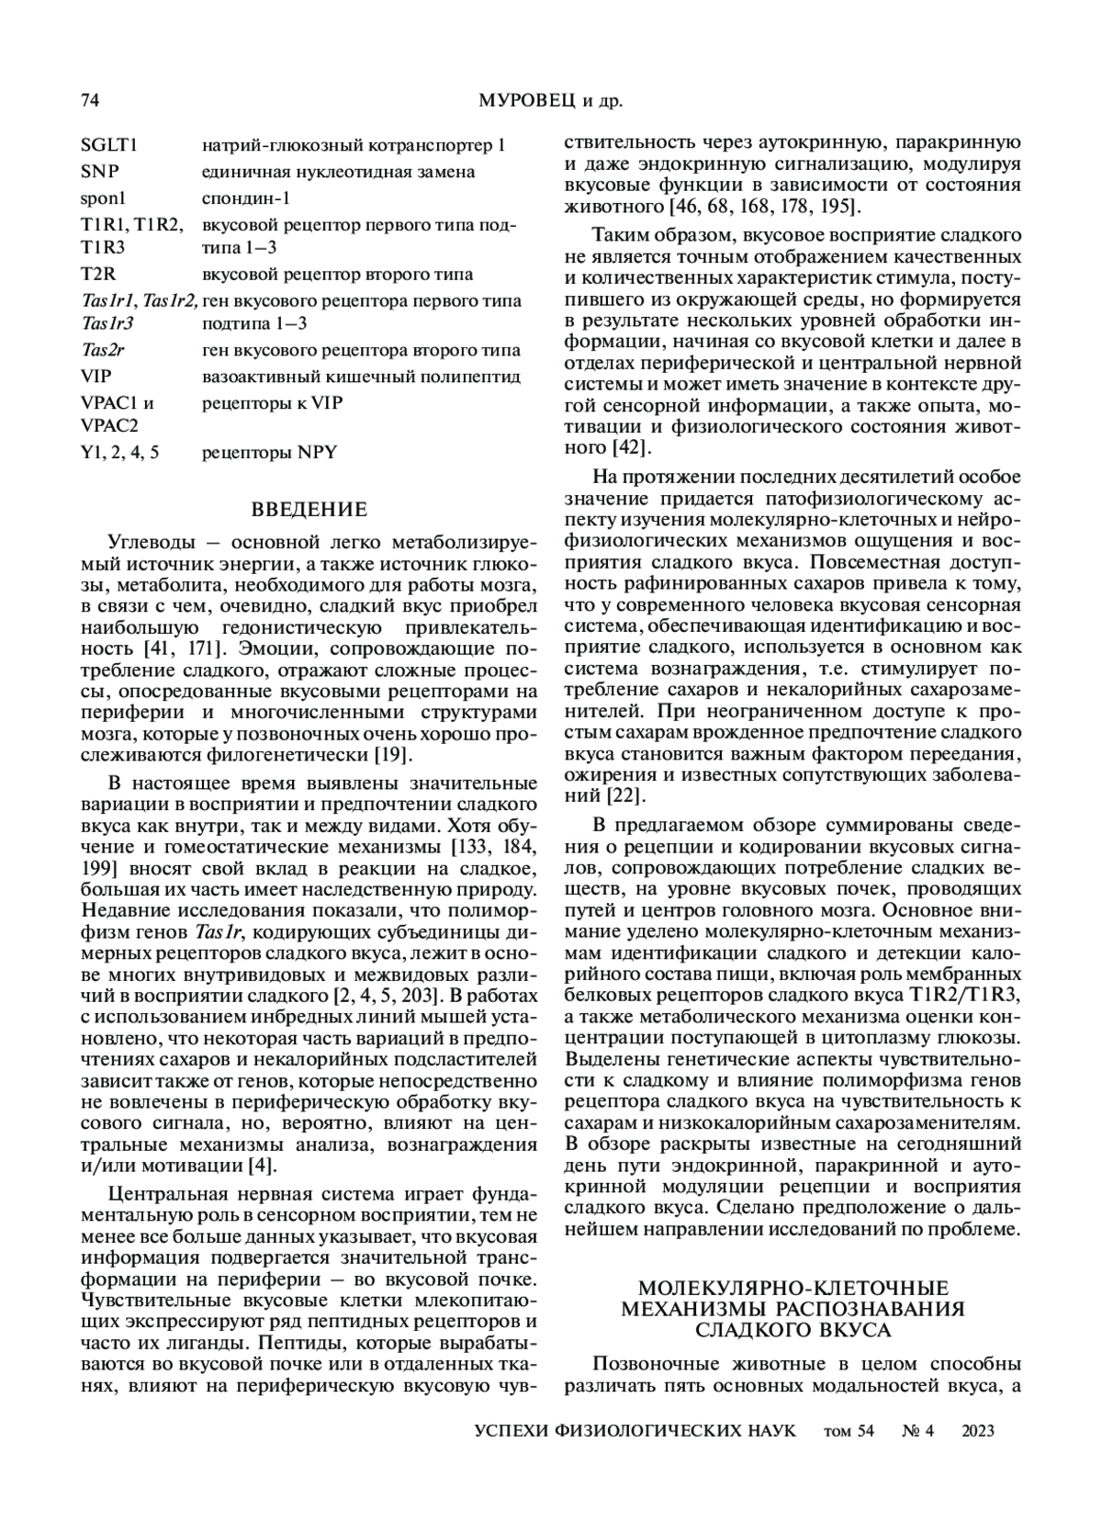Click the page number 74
coord(90,101)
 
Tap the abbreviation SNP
coord(99,172)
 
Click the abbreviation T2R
coord(97,274)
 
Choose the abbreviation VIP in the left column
coord(96,377)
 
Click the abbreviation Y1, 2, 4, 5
coord(119,452)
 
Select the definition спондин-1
coord(246,197)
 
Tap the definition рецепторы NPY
coord(270,452)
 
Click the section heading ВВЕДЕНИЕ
coord(309,510)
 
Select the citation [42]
coord(632,448)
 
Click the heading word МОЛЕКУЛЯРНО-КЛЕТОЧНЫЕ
coord(793,1289)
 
